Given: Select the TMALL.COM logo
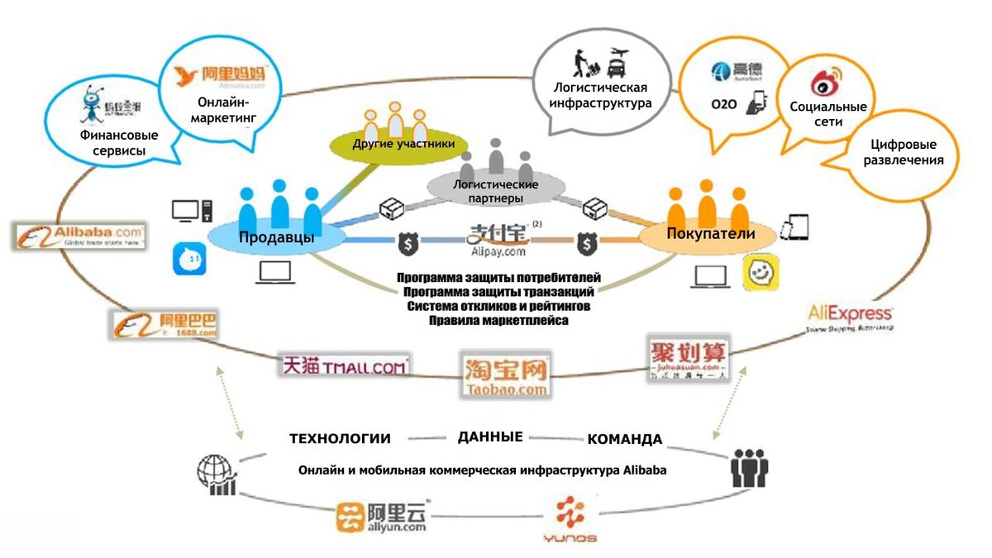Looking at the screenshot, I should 346,364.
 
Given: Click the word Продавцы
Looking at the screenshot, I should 275,237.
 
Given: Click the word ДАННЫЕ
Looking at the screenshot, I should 489,436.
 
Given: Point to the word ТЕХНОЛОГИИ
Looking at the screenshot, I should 340,438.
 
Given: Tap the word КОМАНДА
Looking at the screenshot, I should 624,439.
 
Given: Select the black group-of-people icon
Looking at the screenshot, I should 749,469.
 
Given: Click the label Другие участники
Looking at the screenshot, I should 403,144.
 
